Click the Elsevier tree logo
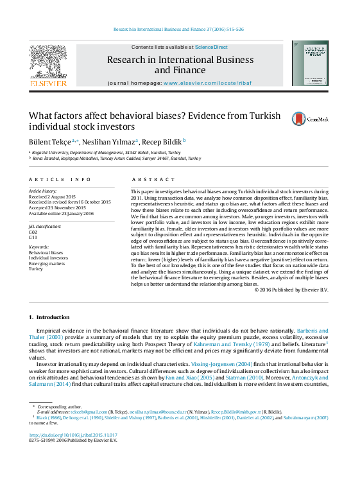coord(48,63)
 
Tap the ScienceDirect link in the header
coord(211,47)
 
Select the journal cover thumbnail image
coord(310,63)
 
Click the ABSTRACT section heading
coord(149,180)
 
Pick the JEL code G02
coord(33,231)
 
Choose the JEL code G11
coord(33,237)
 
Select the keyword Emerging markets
coord(47,263)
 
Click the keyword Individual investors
coord(48,258)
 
